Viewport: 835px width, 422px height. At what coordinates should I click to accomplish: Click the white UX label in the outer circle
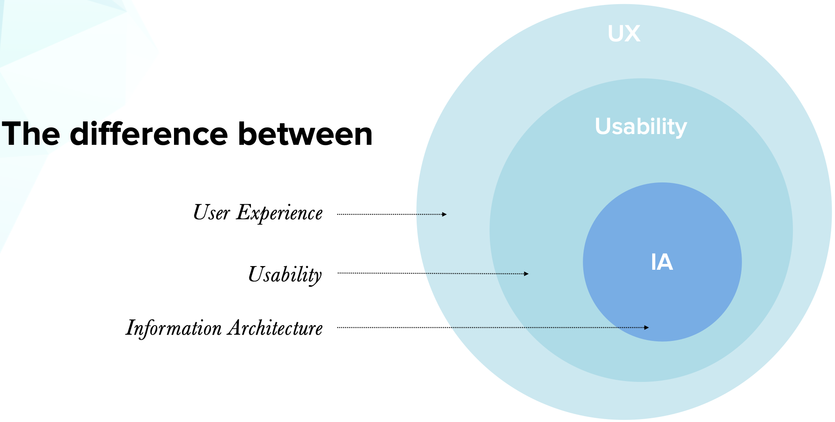624,34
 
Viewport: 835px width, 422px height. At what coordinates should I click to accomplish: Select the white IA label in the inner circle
662,262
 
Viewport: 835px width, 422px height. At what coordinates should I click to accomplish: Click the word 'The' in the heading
31,134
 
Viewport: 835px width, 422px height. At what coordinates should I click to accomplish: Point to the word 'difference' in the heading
149,134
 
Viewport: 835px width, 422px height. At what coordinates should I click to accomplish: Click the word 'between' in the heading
305,134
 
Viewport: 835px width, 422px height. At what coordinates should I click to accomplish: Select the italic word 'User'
211,213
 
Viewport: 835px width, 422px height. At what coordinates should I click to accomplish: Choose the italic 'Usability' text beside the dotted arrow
285,274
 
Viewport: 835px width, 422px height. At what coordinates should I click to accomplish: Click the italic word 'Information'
174,328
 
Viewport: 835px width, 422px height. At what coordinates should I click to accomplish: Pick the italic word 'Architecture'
275,328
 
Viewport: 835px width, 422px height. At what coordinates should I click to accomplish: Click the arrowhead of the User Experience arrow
444,214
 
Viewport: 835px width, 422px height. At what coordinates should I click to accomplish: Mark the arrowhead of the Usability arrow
526,273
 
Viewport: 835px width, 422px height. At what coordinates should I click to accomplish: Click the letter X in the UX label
633,34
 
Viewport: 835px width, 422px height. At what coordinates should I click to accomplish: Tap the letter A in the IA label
666,262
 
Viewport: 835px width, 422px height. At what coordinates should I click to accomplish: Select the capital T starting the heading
12,134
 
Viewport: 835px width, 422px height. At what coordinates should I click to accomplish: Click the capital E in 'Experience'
243,212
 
